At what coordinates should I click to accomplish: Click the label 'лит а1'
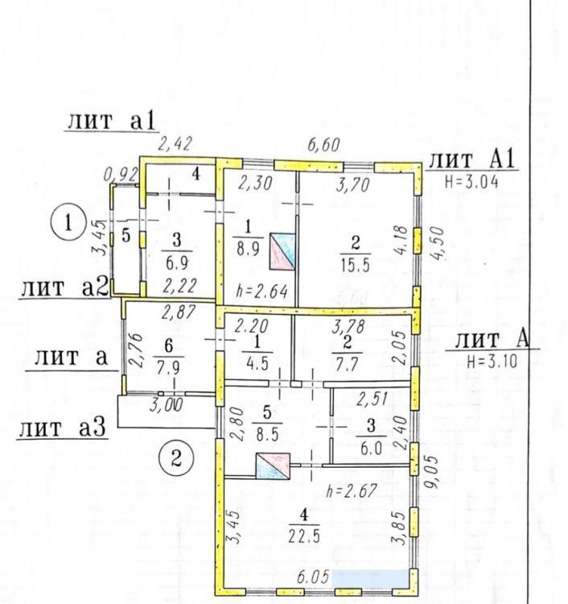[111, 121]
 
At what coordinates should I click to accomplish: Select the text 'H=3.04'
[471, 181]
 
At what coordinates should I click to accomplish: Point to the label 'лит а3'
[62, 428]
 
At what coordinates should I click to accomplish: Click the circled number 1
[68, 223]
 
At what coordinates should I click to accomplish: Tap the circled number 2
[176, 459]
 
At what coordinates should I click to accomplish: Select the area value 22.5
[304, 536]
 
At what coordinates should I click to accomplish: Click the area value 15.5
[355, 265]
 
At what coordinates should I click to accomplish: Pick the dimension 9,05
[432, 472]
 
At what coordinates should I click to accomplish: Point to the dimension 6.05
[313, 577]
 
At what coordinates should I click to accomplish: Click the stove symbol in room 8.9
[282, 251]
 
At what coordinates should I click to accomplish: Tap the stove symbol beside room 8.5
[274, 466]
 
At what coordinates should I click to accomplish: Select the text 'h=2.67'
[351, 491]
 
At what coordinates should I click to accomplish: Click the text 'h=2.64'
[261, 292]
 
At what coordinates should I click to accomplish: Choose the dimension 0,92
[121, 175]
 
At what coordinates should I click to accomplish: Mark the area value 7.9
[168, 368]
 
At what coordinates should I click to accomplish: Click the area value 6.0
[371, 449]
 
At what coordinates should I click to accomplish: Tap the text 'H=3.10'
[492, 362]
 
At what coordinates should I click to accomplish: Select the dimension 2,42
[175, 143]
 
